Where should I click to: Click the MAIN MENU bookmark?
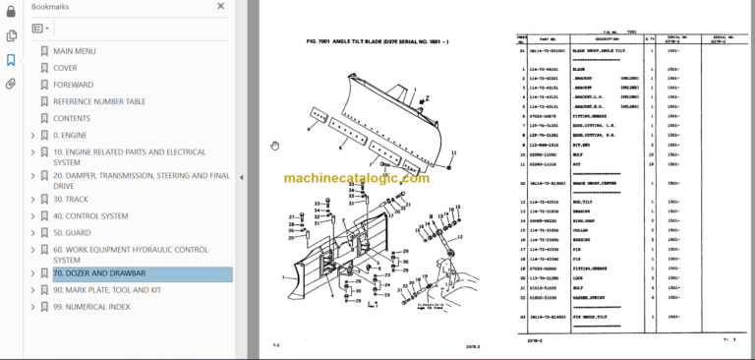pyautogui.click(x=75, y=51)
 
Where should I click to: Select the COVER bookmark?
pyautogui.click(x=65, y=68)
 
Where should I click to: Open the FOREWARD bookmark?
pyautogui.click(x=74, y=85)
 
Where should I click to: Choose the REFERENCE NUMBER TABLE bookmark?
pyautogui.click(x=99, y=101)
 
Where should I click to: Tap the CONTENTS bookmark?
pyautogui.click(x=72, y=118)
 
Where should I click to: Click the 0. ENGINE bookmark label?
pyautogui.click(x=70, y=135)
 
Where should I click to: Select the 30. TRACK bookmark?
pyautogui.click(x=70, y=199)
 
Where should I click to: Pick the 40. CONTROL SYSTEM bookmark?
pyautogui.click(x=90, y=215)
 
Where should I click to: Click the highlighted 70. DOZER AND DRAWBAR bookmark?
pyautogui.click(x=99, y=273)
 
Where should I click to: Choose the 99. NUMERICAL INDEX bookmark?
pyautogui.click(x=90, y=306)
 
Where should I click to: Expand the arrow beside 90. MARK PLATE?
pyautogui.click(x=32, y=290)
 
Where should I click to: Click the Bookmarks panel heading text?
pyautogui.click(x=49, y=7)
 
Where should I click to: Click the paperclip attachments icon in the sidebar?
pyautogui.click(x=11, y=84)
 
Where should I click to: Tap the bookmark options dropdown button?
pyautogui.click(x=41, y=30)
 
